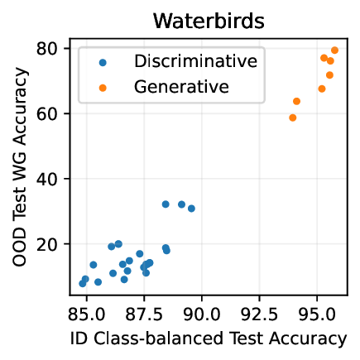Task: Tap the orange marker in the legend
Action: tap(101, 85)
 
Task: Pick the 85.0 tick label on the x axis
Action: tap(87, 314)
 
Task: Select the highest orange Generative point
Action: tap(334, 50)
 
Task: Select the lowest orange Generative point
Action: tap(292, 118)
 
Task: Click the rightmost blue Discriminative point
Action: tap(191, 209)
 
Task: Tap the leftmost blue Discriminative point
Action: tap(83, 283)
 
